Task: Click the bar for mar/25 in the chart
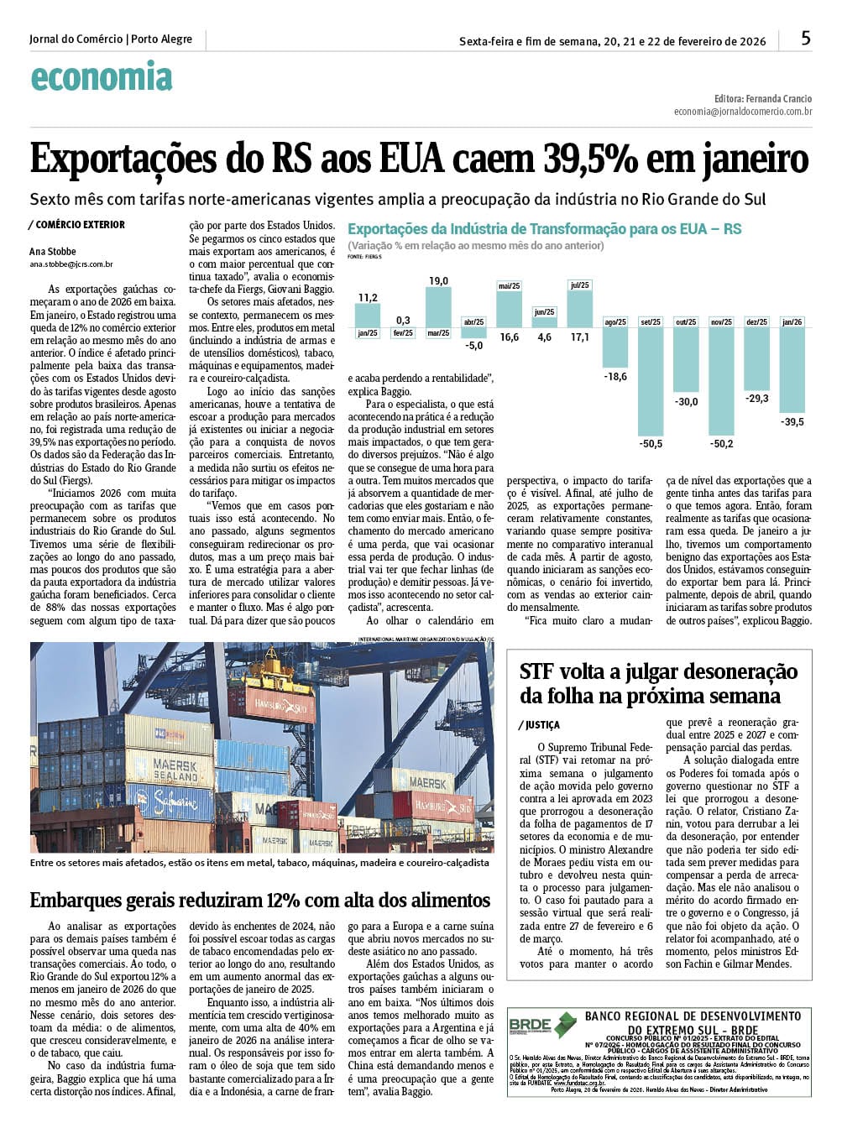point(438,307)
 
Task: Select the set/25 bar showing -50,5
point(651,378)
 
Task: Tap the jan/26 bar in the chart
point(792,369)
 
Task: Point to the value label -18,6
point(615,377)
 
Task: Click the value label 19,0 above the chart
point(438,281)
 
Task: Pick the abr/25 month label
point(474,322)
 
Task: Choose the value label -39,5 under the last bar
point(792,422)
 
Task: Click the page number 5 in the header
point(806,39)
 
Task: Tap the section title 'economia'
point(101,77)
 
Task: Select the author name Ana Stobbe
point(53,251)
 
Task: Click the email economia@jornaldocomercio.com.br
point(742,111)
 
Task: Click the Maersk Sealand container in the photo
point(174,769)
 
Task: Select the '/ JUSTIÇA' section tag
point(539,725)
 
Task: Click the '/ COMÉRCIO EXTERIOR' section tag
point(77,225)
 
